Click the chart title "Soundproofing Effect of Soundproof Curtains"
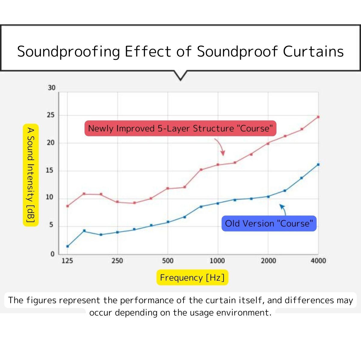[x=180, y=51]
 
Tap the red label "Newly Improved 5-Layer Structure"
[x=180, y=128]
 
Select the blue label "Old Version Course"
[x=269, y=224]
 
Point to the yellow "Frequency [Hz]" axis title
[x=192, y=277]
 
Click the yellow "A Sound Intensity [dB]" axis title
[x=31, y=175]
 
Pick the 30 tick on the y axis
[x=52, y=88]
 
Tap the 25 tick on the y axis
[x=51, y=115]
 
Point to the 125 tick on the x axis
[x=67, y=261]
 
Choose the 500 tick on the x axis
[x=168, y=261]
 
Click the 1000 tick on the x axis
[x=217, y=261]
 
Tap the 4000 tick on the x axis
[x=318, y=261]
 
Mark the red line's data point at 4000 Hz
[x=318, y=117]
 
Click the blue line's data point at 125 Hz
[x=67, y=246]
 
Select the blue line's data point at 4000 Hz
[x=318, y=165]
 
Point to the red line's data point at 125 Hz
[x=67, y=206]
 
